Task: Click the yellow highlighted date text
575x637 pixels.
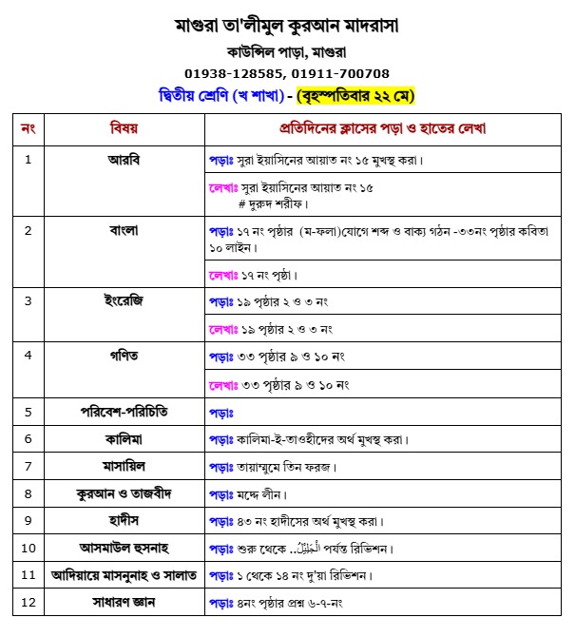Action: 355,96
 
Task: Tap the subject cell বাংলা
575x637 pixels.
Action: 125,230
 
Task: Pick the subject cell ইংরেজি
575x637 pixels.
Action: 125,300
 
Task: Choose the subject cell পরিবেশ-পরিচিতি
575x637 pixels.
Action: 125,412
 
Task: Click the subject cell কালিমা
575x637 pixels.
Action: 125,439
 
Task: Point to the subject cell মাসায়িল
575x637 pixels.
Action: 125,467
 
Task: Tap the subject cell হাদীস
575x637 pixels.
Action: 125,521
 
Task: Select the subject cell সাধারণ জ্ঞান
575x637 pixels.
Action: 125,603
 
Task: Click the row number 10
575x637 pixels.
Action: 28,549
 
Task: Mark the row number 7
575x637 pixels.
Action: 28,467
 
